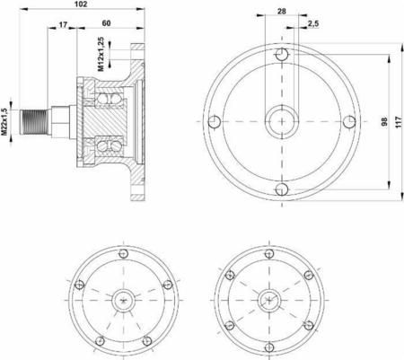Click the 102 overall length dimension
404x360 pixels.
tap(81, 4)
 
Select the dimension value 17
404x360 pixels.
tap(63, 24)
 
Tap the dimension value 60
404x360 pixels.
tap(106, 23)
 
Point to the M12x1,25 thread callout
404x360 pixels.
tap(101, 54)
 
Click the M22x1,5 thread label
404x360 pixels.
tap(4, 122)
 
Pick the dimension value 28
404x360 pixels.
tap(281, 12)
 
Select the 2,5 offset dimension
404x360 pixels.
tap(313, 23)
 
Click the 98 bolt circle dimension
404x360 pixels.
tap(384, 121)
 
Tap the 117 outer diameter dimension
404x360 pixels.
tap(399, 122)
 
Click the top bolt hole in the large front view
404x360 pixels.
tap(282, 55)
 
